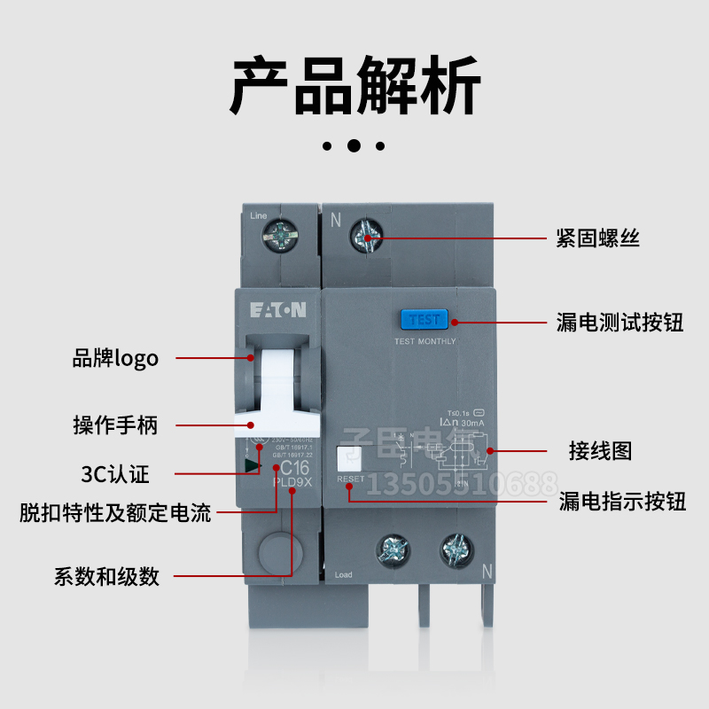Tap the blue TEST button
425,320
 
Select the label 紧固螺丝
597,238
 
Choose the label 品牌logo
115,358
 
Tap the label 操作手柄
115,425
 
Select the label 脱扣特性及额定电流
115,512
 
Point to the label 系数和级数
106,576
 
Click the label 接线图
600,450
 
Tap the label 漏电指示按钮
622,502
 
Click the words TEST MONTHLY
425,341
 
